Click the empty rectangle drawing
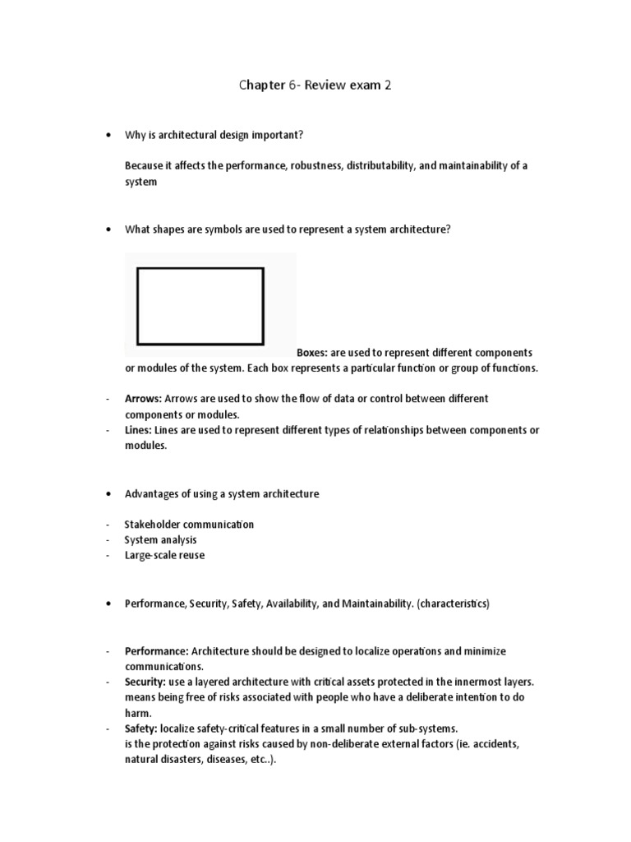(200, 305)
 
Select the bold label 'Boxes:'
(312, 353)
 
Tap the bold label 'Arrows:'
(143, 399)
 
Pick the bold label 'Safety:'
(140, 729)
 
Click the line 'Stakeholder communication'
(189, 525)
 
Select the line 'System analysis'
(160, 540)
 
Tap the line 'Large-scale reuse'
(164, 556)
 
